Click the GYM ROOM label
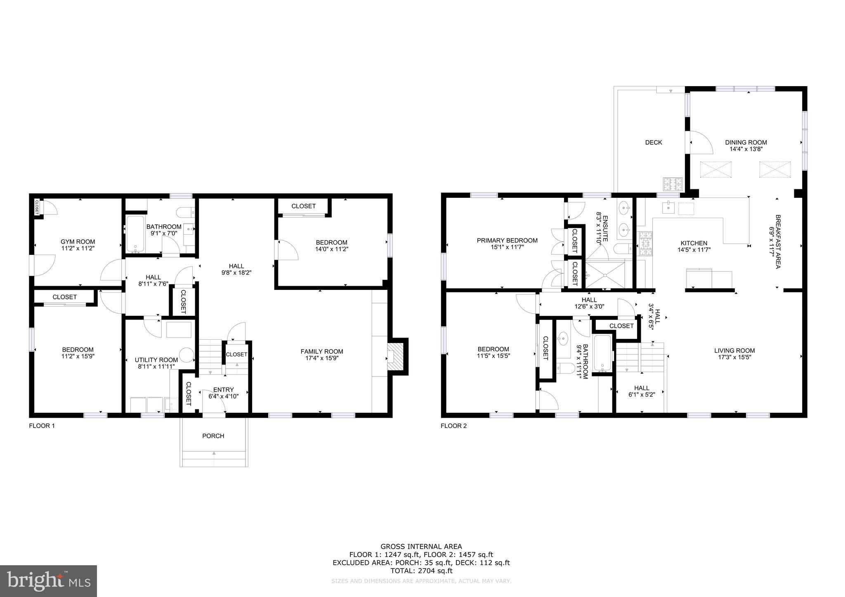point(78,242)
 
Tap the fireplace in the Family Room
point(396,357)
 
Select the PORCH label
point(213,436)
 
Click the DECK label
point(654,142)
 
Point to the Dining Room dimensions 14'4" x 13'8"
point(746,149)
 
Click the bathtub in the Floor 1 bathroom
point(135,234)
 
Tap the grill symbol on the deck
point(673,184)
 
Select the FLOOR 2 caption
point(453,426)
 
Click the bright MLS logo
point(48,581)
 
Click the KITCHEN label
point(694,243)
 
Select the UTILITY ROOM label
point(156,360)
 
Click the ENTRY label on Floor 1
point(224,390)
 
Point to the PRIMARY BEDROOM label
point(507,240)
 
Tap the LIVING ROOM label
point(734,350)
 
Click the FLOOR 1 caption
point(42,426)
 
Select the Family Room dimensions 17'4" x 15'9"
point(322,358)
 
